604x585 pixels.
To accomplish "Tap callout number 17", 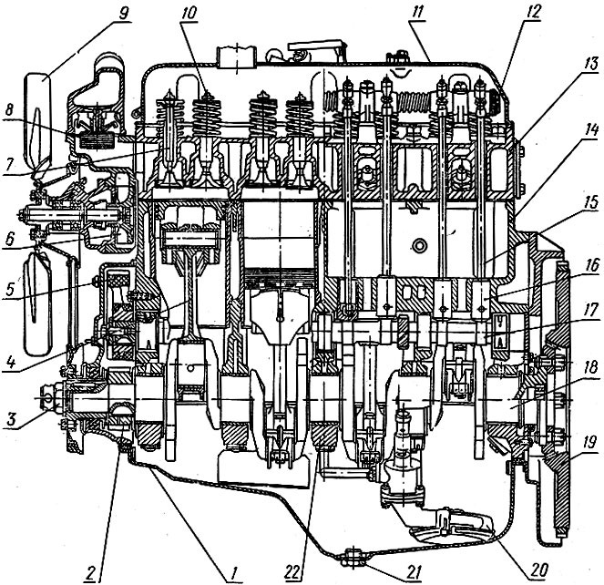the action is (x=590, y=310).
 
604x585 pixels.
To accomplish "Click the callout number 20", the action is (x=539, y=570).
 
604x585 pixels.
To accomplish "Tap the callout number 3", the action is (x=13, y=419).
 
